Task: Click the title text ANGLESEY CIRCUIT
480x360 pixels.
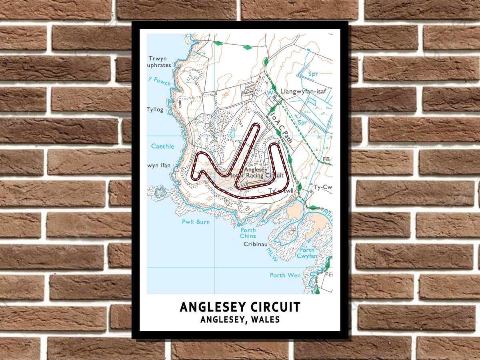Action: (x=240, y=307)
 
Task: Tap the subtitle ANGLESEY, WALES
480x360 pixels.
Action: (x=240, y=320)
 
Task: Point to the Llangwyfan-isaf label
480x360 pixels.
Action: (x=303, y=91)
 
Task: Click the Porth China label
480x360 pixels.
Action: (x=248, y=233)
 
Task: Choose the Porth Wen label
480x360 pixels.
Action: (x=285, y=275)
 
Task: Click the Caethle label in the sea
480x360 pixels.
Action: (x=163, y=146)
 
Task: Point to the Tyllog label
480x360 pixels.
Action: (x=155, y=110)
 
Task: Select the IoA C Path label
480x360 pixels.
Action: (x=281, y=127)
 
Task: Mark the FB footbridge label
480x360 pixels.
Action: (x=326, y=159)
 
